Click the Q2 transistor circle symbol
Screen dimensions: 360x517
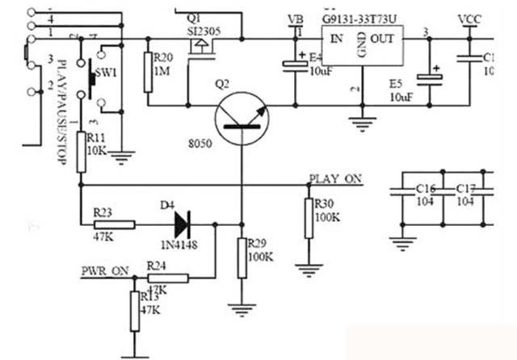point(242,119)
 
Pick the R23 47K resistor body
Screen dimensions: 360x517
point(103,224)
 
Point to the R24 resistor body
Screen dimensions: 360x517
point(169,278)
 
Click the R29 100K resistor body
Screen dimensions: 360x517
point(242,257)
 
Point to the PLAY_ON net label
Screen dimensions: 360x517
point(335,178)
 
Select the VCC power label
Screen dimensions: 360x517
point(469,19)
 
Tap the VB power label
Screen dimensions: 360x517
point(296,19)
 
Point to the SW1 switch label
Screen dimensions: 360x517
point(107,73)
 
